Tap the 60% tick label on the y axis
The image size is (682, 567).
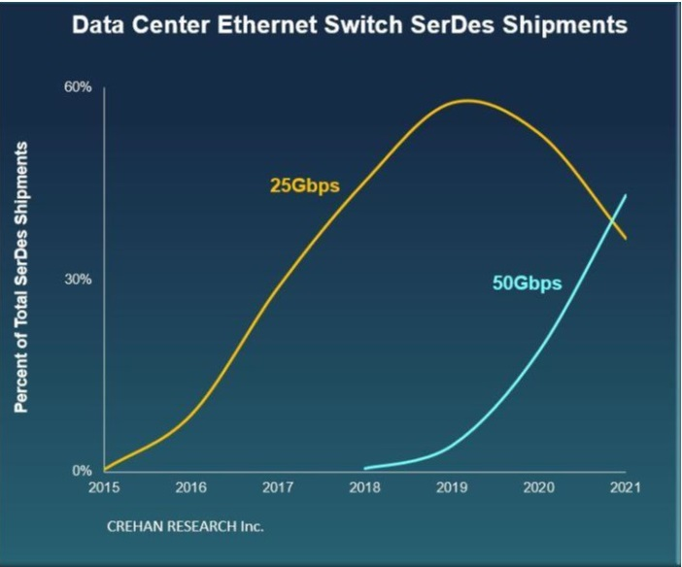(78, 87)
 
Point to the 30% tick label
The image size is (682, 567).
(78, 280)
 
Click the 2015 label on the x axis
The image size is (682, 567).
(104, 489)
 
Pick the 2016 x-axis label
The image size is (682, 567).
(191, 489)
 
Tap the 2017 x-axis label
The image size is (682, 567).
(278, 489)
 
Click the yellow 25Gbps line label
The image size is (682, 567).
(304, 184)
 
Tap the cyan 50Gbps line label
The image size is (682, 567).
(528, 284)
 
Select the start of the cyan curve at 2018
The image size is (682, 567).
(366, 468)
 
